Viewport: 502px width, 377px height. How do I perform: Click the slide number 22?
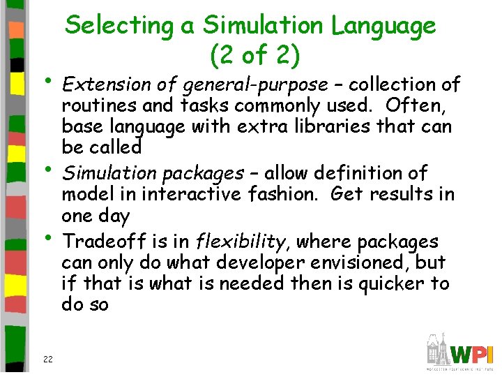(48, 359)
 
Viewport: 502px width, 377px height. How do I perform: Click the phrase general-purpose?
(254, 86)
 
